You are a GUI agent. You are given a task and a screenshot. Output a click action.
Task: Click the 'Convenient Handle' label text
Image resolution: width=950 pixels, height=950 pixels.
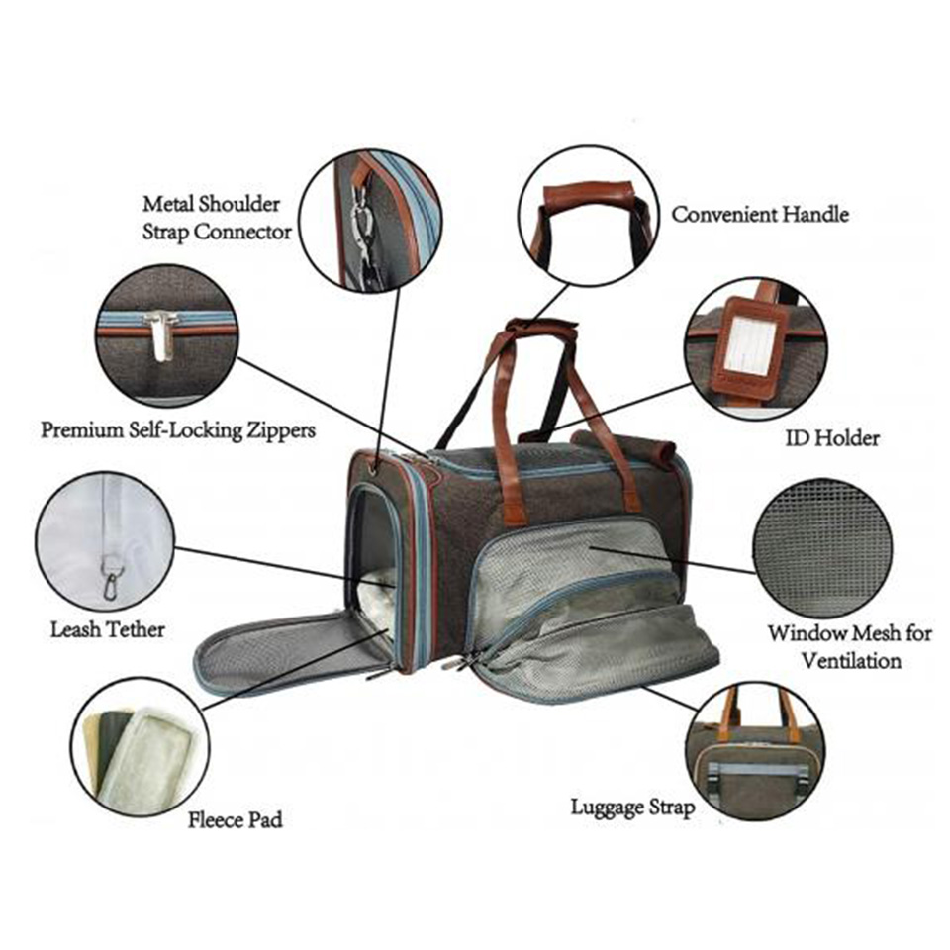[760, 214]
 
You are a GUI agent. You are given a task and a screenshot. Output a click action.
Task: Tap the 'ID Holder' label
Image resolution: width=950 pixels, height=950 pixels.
[832, 437]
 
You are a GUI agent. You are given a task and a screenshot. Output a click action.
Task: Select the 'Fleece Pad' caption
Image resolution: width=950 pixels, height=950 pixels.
[236, 819]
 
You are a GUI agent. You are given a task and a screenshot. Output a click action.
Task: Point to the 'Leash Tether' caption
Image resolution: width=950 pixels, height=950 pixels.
[107, 629]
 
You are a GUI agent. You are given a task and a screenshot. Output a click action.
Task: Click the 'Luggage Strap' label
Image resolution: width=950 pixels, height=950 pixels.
[632, 807]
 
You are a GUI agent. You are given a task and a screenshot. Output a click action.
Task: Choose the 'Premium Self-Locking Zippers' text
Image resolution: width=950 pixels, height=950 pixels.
[178, 430]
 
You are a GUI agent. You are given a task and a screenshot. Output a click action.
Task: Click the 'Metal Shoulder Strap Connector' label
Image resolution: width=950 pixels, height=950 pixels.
[217, 218]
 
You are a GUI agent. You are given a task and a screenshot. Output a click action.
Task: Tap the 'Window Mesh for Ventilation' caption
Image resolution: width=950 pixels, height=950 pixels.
[850, 646]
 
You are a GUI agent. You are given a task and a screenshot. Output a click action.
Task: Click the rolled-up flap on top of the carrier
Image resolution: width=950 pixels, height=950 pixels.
[624, 444]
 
